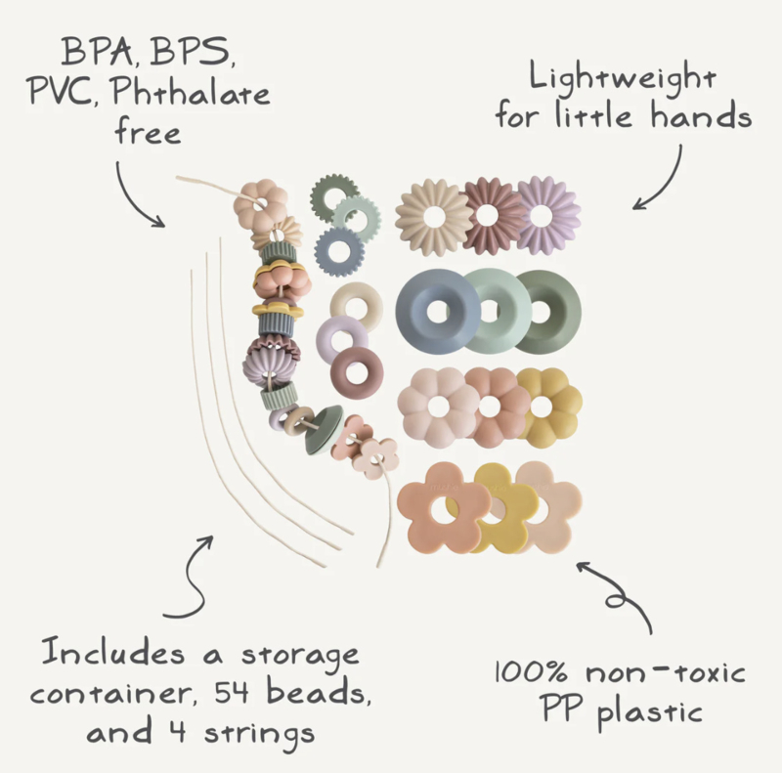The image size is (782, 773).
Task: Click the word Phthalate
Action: [x=190, y=95]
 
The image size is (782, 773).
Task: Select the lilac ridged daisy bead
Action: [x=549, y=212]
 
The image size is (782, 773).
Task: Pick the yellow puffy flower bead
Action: [x=549, y=407]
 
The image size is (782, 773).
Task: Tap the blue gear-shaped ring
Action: [x=344, y=249]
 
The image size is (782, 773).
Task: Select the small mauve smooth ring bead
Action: [x=359, y=373]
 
